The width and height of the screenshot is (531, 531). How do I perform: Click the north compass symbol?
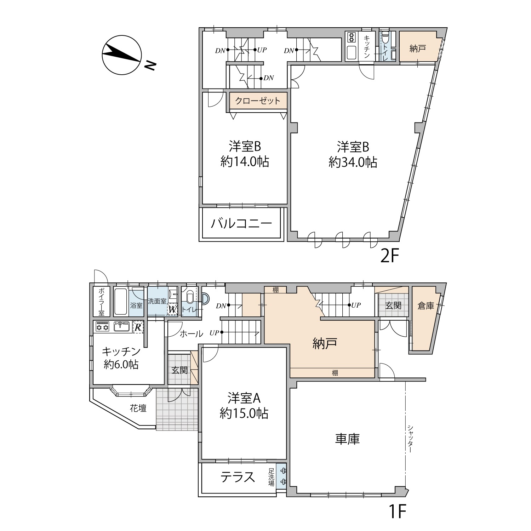122,55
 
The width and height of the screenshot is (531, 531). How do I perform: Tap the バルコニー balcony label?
242,223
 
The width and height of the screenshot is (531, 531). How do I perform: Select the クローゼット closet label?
258,101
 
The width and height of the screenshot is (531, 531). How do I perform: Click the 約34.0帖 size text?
353,162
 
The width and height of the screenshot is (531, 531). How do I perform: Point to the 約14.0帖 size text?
245,162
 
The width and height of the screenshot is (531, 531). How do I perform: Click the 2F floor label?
390,256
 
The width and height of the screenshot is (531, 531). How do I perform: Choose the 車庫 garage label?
348,439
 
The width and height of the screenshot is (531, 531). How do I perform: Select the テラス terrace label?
238,477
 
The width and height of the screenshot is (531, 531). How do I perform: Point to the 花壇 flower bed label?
138,408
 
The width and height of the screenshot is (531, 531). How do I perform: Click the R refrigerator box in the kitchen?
138,327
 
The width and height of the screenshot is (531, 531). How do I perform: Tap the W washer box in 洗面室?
172,309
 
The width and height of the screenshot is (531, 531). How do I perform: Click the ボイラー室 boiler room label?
101,301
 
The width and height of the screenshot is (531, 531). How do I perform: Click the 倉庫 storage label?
426,306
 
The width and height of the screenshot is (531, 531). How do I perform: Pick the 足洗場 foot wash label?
272,477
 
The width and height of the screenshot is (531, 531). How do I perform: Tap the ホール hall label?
191,333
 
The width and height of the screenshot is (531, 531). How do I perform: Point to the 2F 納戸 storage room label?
417,48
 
